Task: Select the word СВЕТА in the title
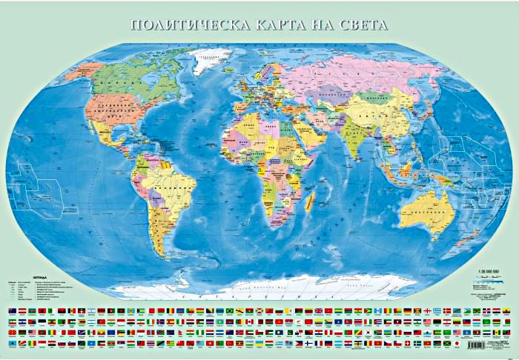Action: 362,24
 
